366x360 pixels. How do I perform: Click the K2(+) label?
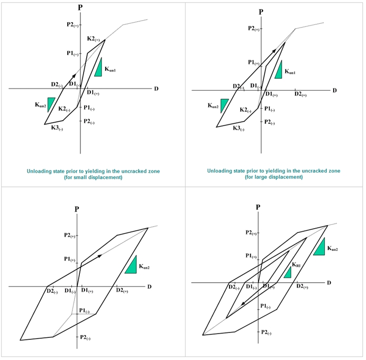point(94,39)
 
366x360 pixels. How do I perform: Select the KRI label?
point(296,265)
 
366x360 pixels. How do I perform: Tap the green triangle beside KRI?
point(288,273)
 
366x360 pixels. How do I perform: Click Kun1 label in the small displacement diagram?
point(110,69)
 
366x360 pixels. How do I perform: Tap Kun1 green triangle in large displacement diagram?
point(279,69)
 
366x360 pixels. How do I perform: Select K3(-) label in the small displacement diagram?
point(57,128)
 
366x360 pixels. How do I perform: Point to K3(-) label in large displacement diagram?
point(239,129)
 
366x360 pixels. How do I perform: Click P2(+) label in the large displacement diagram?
point(253,29)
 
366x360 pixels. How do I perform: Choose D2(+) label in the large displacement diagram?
point(300,94)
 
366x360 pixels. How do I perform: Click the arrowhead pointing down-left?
point(243,303)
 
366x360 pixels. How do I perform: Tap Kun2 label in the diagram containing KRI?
point(332,248)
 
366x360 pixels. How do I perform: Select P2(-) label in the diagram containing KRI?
point(266,332)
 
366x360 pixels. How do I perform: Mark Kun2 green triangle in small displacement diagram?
point(51,104)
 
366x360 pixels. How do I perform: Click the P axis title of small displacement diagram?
point(80,7)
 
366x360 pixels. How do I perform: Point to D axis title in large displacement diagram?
point(334,91)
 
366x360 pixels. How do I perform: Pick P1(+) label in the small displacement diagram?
point(72,53)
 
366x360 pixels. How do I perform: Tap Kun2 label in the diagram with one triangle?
point(144,266)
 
